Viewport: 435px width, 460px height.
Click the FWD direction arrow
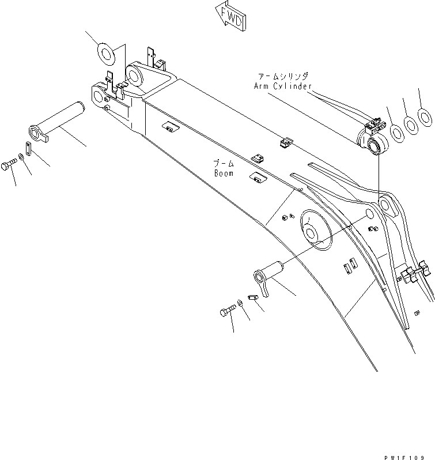[230, 16]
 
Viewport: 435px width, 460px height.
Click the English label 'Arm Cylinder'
[282, 86]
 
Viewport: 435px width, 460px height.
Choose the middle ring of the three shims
[410, 124]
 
